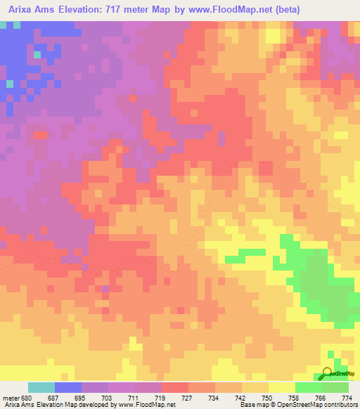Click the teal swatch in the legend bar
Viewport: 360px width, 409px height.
(x=41, y=387)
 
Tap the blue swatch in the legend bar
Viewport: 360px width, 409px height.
(x=68, y=387)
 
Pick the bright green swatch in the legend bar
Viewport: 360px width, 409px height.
(x=309, y=387)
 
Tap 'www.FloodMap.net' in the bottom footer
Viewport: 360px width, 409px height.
(x=150, y=405)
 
